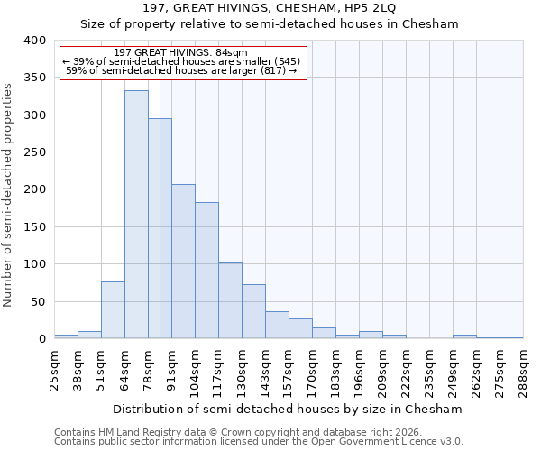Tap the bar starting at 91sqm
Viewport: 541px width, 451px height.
[x=183, y=262]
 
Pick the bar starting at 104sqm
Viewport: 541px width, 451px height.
[x=206, y=271]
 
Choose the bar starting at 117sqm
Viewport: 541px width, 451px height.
[x=230, y=300]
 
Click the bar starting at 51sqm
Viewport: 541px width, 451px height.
[x=113, y=310]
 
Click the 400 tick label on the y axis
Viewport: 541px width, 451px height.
[x=33, y=41]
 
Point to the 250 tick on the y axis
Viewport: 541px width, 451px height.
[x=33, y=152]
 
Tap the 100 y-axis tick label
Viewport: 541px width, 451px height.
[x=33, y=264]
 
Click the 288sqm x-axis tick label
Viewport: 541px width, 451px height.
[x=524, y=368]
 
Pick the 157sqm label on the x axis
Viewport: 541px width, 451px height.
[x=289, y=368]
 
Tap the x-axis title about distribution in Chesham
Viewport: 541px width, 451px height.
[x=289, y=409]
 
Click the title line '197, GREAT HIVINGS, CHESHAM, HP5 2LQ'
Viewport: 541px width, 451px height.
[x=270, y=8]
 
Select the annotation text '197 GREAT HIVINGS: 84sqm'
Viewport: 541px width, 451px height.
[x=183, y=53]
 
